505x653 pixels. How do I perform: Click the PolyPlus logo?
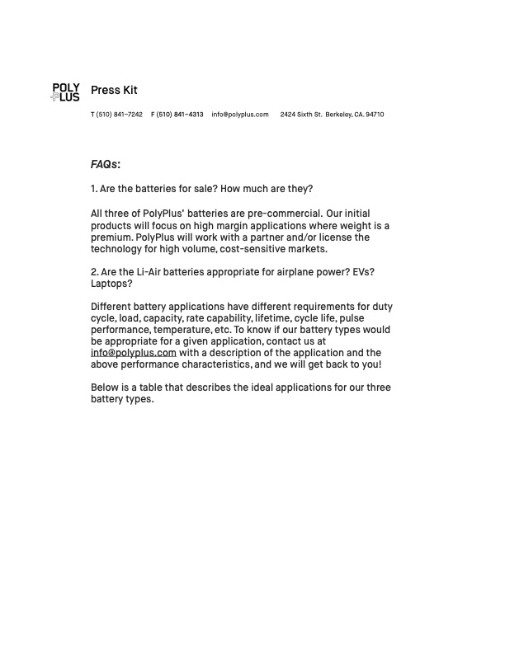coord(65,92)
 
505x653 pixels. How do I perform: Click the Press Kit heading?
coord(114,90)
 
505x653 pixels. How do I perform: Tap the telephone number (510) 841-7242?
coord(120,115)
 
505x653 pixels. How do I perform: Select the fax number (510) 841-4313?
coord(180,115)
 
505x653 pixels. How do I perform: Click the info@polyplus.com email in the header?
coord(240,115)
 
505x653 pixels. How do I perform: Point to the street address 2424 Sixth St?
coord(301,115)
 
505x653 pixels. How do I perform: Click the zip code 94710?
coord(375,115)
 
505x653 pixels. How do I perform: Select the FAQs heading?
coord(106,164)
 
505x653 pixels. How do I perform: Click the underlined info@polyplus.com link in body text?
coord(134,353)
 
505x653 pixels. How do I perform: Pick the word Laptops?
coord(111,284)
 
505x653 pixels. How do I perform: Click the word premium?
coord(111,237)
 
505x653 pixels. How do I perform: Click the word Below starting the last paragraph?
coord(105,388)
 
